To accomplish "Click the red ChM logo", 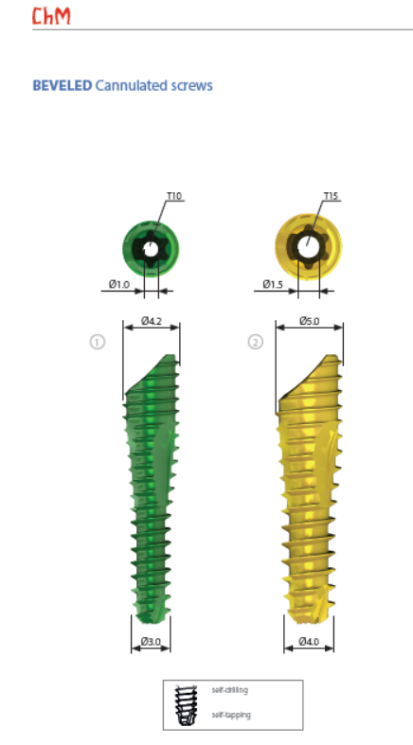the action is click(x=51, y=15).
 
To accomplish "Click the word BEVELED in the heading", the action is click(x=63, y=85).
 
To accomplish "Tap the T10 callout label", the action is click(x=174, y=196).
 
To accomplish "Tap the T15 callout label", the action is click(x=331, y=196).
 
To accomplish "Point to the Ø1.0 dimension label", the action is click(x=118, y=285).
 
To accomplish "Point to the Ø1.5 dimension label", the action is click(x=273, y=285).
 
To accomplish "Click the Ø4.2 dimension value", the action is click(x=152, y=321).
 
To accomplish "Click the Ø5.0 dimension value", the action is click(x=310, y=321).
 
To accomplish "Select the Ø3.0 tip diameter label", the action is click(x=151, y=642).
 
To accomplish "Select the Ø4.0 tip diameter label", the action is click(x=309, y=642).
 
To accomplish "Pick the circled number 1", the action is click(x=98, y=342).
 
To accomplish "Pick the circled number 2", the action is click(x=255, y=342).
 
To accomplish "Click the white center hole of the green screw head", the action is click(x=151, y=249).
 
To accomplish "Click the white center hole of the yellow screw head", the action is click(x=309, y=247).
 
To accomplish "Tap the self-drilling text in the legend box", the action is click(x=230, y=690).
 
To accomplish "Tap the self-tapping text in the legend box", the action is click(x=231, y=715).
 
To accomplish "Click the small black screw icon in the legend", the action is click(x=186, y=705).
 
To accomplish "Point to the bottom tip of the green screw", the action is click(x=151, y=623).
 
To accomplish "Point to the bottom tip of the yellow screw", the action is click(x=309, y=622).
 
